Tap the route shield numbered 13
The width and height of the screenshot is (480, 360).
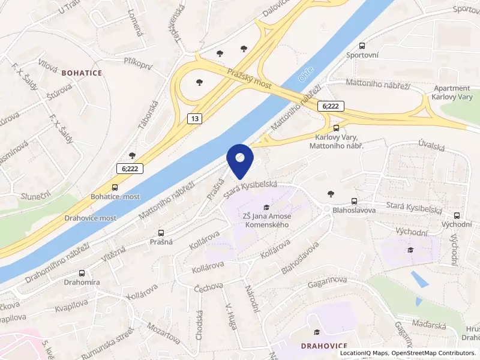click(194, 119)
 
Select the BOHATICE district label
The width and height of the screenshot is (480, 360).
click(82, 73)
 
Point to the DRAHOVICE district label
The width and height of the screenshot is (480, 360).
click(325, 346)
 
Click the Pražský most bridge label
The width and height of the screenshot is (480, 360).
click(250, 79)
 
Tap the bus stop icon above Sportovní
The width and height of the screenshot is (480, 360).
click(362, 46)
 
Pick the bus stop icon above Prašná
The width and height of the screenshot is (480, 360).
click(161, 233)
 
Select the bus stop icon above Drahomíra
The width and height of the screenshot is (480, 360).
click(81, 272)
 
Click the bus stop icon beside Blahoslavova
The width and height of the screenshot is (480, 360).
click(354, 202)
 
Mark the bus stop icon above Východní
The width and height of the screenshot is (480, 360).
click(457, 215)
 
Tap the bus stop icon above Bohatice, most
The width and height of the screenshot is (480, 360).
click(115, 187)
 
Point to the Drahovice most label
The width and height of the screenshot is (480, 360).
click(91, 218)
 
